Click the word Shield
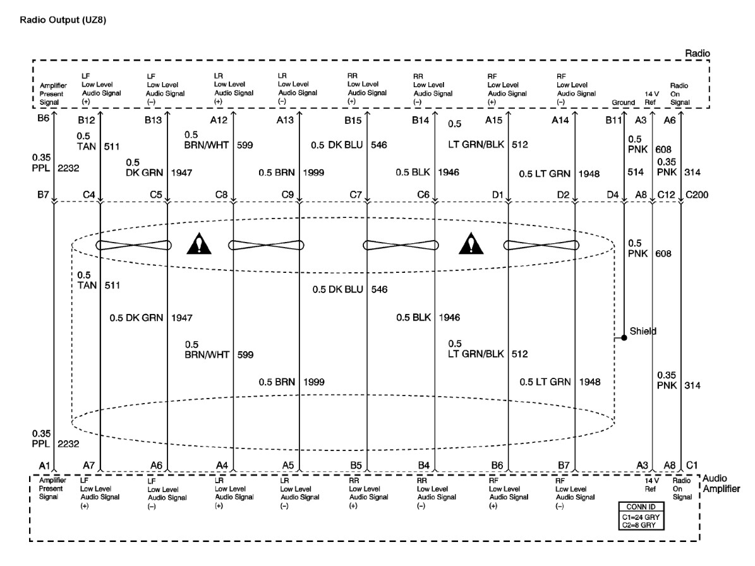pyautogui.click(x=644, y=331)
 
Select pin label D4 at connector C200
pyautogui.click(x=612, y=194)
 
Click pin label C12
pyautogui.click(x=667, y=194)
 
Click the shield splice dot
pyautogui.click(x=624, y=338)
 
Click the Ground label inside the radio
pyautogui.click(x=624, y=102)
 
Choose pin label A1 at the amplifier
pyautogui.click(x=44, y=465)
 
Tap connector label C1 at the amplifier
pyautogui.click(x=692, y=465)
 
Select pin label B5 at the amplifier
pyautogui.click(x=356, y=465)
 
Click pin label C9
pyautogui.click(x=286, y=194)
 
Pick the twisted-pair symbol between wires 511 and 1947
pyautogui.click(x=133, y=245)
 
